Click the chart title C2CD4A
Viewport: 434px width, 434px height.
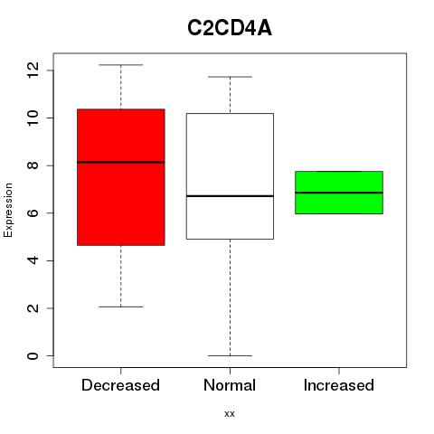[230, 28]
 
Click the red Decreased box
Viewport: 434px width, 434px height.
[121, 177]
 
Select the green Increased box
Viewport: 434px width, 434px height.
[339, 193]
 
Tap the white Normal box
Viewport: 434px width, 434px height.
[230, 176]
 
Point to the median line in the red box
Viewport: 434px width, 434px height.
[121, 162]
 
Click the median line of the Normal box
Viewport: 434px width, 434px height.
[230, 196]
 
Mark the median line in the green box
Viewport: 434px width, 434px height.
[339, 193]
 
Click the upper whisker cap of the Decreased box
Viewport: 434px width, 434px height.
[121, 65]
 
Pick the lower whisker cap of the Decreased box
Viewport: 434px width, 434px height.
[121, 307]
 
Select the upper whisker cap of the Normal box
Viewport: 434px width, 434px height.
[230, 77]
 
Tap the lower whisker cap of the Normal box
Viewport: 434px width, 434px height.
[230, 355]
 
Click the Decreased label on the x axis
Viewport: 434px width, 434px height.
[120, 385]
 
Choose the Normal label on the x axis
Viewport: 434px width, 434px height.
[230, 385]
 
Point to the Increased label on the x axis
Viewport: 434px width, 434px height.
[339, 385]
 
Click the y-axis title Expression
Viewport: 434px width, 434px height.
[8, 210]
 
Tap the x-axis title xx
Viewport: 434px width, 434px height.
[230, 414]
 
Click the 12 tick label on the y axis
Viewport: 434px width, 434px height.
[33, 71]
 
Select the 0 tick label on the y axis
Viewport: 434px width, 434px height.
[33, 356]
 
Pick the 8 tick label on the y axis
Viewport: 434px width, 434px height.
[33, 165]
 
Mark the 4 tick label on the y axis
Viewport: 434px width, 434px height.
[33, 260]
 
